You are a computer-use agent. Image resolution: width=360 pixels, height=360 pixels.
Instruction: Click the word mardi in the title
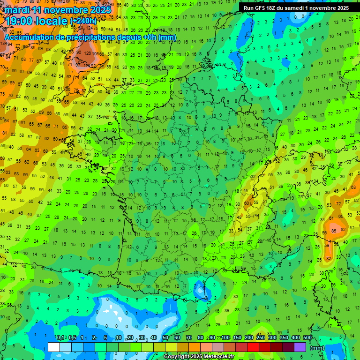15,10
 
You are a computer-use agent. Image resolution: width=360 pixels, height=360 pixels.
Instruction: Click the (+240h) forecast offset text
83,21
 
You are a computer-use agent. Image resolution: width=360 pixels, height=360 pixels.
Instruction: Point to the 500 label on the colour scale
307,338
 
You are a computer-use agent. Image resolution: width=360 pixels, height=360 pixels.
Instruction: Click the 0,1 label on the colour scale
60,338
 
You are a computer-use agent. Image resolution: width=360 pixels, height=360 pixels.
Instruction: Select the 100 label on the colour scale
225,338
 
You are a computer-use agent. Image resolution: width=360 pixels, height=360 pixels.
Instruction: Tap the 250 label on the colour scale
261,338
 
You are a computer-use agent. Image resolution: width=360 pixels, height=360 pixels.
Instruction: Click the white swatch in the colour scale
53,347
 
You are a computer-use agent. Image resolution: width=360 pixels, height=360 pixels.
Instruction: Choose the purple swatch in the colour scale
300,347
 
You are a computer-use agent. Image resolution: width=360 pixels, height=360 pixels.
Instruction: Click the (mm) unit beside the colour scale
317,347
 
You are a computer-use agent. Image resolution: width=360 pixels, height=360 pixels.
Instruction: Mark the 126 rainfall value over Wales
87,53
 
